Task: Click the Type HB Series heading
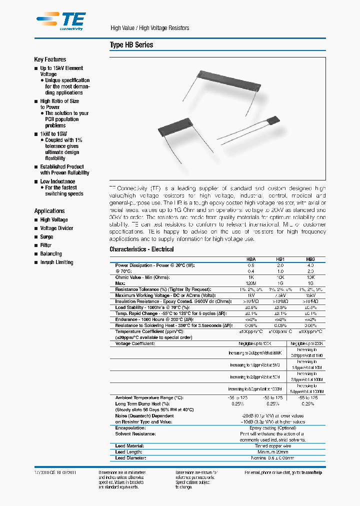[x=131, y=45]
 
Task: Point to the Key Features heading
[x=50, y=59]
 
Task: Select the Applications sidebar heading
[x=49, y=211]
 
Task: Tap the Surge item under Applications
[x=46, y=237]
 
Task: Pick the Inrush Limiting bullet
[x=56, y=262]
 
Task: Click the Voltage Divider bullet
[x=56, y=228]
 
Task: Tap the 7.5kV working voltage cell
[x=280, y=296]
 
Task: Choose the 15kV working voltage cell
[x=310, y=296]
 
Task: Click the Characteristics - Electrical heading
[x=141, y=249]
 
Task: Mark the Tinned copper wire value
[x=272, y=446]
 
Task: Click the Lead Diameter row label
[x=130, y=458]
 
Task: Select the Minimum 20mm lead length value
[x=272, y=452]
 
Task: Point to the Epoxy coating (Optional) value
[x=272, y=428]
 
